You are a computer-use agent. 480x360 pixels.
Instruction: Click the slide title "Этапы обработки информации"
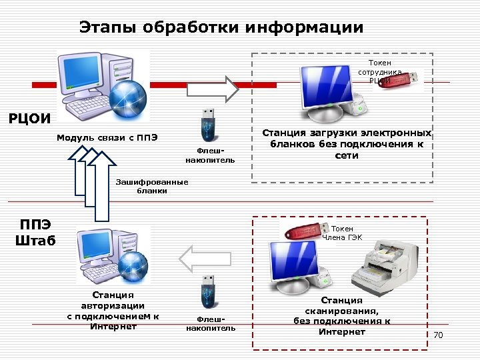pos(221,28)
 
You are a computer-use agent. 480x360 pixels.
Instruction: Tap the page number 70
pos(438,334)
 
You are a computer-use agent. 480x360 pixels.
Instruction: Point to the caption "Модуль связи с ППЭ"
pos(107,138)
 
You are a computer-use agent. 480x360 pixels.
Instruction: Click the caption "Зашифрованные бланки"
pos(152,186)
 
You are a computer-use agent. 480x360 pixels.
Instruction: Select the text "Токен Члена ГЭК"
pos(342,233)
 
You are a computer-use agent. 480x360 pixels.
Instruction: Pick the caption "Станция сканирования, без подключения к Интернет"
pos(342,316)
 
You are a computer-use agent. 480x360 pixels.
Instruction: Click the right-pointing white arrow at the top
pos(211,88)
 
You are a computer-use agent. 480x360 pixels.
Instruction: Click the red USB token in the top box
pos(403,79)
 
